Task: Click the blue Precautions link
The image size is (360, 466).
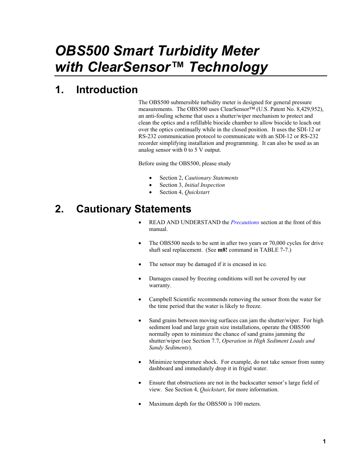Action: click(x=245, y=222)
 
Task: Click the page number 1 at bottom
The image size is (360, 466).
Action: click(x=324, y=441)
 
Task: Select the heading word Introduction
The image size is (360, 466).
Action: click(x=107, y=90)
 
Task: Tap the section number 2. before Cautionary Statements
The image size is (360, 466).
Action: click(x=59, y=209)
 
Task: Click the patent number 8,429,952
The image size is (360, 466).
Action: click(x=309, y=109)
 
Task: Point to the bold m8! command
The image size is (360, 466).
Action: click(x=222, y=250)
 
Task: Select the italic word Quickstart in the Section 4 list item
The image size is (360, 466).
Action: click(x=197, y=192)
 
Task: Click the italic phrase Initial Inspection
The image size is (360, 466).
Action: click(x=205, y=185)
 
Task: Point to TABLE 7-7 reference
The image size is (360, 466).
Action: click(x=274, y=250)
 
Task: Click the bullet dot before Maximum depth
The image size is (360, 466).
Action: click(x=140, y=404)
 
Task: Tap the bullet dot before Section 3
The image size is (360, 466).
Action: click(x=151, y=185)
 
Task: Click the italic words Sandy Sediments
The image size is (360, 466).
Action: click(x=169, y=348)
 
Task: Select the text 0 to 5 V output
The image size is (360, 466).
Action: click(x=202, y=150)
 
